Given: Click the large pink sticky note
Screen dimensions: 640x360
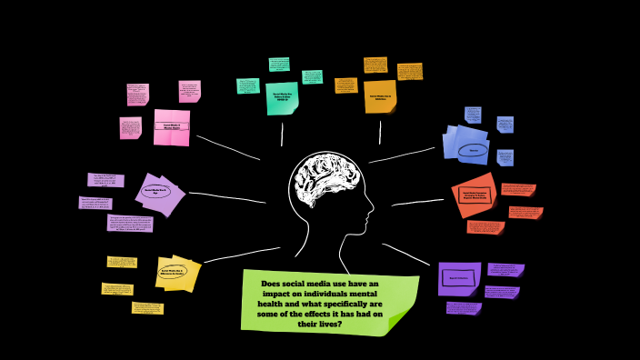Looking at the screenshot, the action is [x=171, y=127].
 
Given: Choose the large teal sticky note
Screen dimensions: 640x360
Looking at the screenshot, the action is [x=282, y=98].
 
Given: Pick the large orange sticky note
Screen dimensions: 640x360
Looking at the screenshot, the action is [x=380, y=96].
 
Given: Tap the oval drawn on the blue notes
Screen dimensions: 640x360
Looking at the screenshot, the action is [x=472, y=150].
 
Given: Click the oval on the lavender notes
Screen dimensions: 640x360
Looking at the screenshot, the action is [x=155, y=192].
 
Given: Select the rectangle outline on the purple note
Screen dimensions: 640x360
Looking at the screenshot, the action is [x=459, y=278].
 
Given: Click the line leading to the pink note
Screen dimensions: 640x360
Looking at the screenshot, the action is [x=227, y=147].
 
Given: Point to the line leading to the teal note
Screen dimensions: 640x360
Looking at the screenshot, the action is [x=282, y=134].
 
